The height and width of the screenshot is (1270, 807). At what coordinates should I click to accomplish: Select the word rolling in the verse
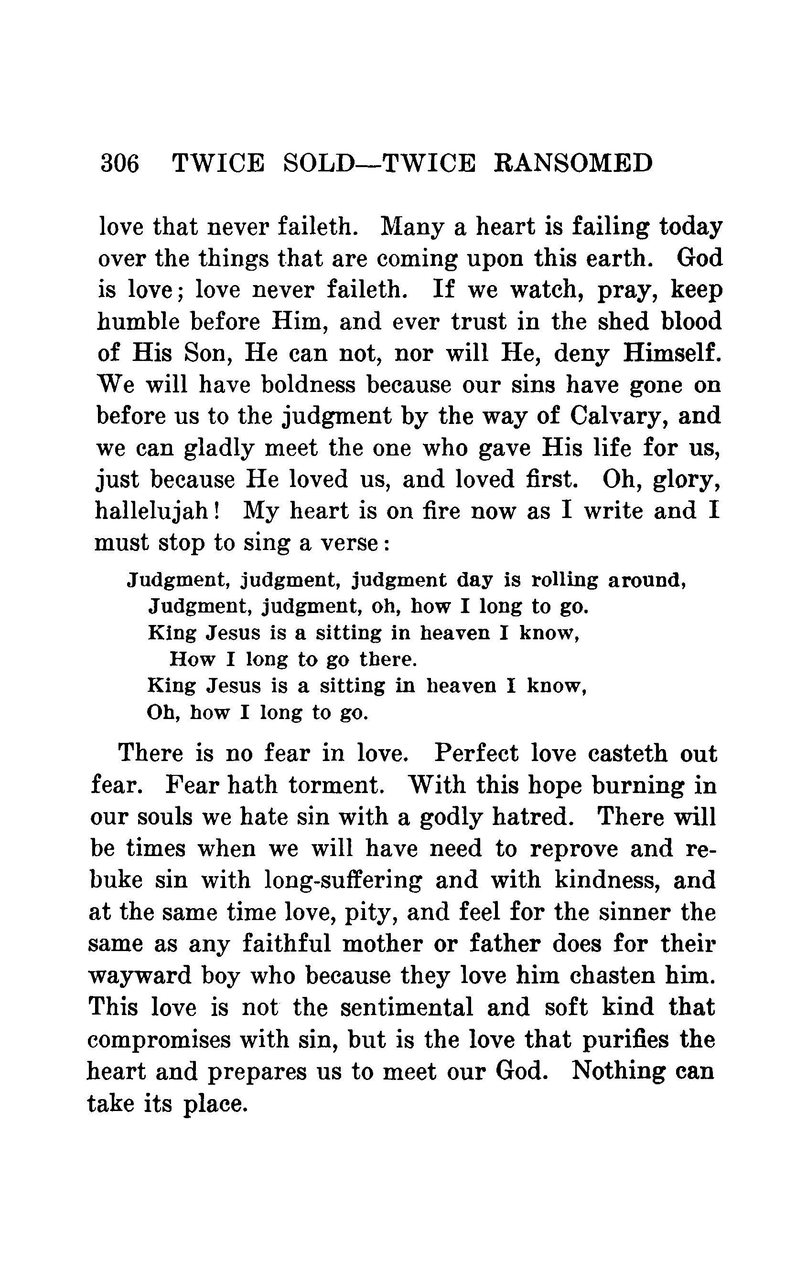pyautogui.click(x=564, y=580)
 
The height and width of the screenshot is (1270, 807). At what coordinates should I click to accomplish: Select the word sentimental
pyautogui.click(x=407, y=1007)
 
